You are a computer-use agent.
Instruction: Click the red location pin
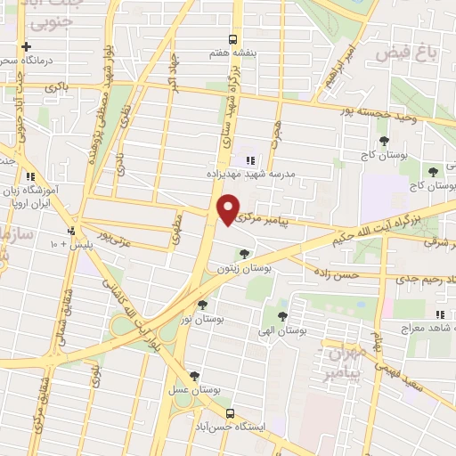(x=230, y=210)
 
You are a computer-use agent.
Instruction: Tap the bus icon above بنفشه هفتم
(x=232, y=39)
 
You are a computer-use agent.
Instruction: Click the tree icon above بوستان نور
(x=209, y=305)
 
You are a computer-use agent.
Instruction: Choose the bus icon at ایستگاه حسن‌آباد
(x=231, y=414)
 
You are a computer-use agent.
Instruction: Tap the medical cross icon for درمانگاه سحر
(x=28, y=46)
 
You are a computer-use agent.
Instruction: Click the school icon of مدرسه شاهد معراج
(x=438, y=314)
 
